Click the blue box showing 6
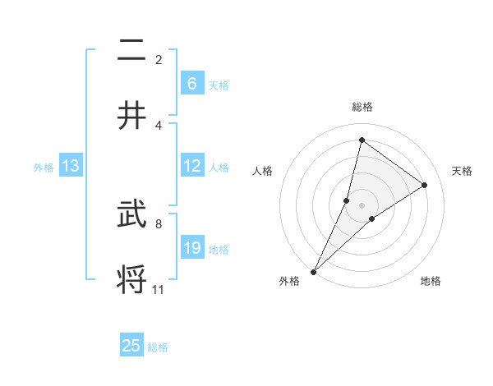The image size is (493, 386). pyautogui.click(x=191, y=84)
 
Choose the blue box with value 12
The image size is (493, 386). pyautogui.click(x=191, y=167)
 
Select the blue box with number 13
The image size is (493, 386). pyautogui.click(x=71, y=167)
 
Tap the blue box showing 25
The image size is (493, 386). pyautogui.click(x=131, y=346)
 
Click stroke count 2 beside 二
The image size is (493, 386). pyautogui.click(x=159, y=59)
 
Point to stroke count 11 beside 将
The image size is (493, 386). pyautogui.click(x=158, y=289)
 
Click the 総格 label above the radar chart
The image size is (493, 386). pyautogui.click(x=362, y=107)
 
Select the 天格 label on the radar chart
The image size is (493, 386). pyautogui.click(x=463, y=171)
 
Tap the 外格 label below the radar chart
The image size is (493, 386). pyautogui.click(x=289, y=282)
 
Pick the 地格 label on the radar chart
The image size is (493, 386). pyautogui.click(x=431, y=282)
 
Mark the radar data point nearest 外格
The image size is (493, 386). pyautogui.click(x=313, y=271)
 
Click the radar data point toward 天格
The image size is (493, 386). pyautogui.click(x=425, y=186)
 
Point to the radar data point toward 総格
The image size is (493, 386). pyautogui.click(x=362, y=140)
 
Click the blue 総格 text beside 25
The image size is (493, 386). pyautogui.click(x=158, y=347)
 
